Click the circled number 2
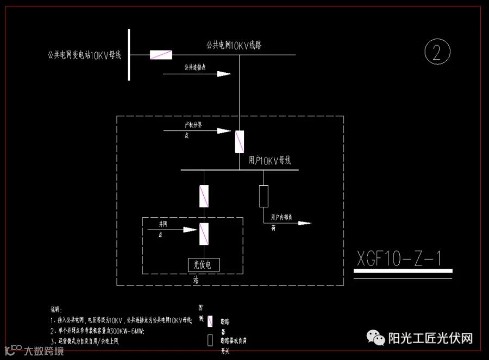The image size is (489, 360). (x=437, y=52)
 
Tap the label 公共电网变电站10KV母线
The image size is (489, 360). (x=84, y=55)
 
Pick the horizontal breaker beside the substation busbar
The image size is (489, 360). (x=161, y=54)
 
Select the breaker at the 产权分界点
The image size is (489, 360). (x=239, y=142)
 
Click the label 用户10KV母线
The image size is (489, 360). (x=269, y=160)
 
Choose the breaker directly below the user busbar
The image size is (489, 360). (x=204, y=196)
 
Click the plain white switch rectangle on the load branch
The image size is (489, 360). (x=264, y=196)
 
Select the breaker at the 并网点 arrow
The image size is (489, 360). (x=204, y=233)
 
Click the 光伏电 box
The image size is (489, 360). (x=204, y=264)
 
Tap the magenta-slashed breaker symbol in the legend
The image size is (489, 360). (x=210, y=321)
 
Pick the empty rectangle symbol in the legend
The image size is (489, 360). (x=210, y=340)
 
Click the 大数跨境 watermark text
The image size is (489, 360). (x=43, y=351)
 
